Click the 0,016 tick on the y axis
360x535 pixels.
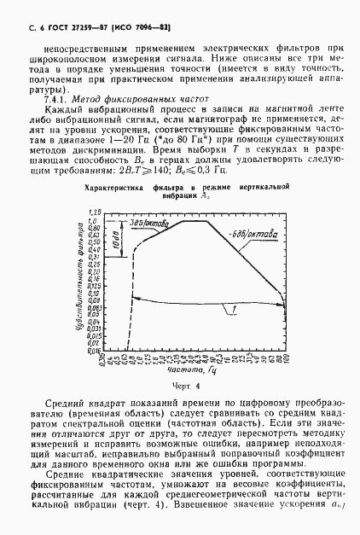(95, 350)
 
